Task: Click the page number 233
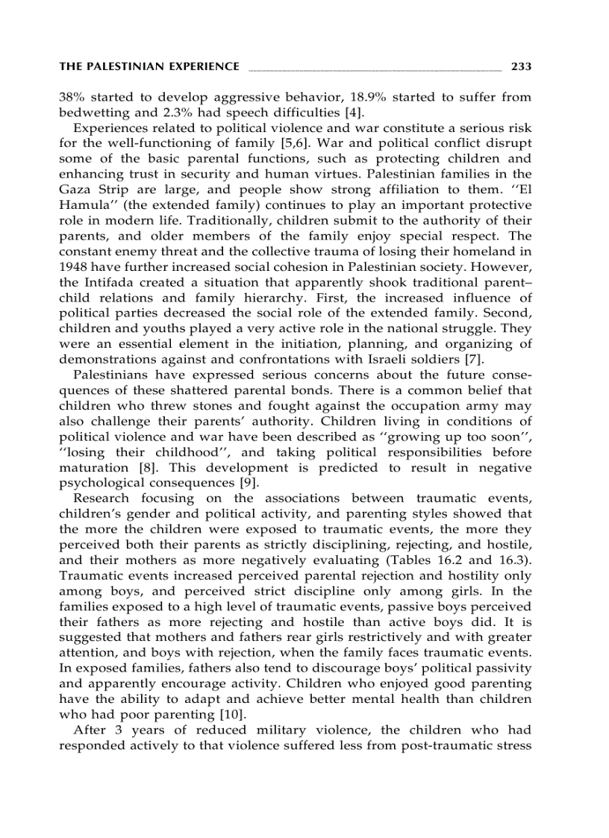(x=521, y=66)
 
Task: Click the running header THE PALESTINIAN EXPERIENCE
(x=149, y=66)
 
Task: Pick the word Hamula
(x=84, y=204)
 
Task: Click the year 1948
(x=72, y=266)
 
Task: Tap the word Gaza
(x=74, y=190)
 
